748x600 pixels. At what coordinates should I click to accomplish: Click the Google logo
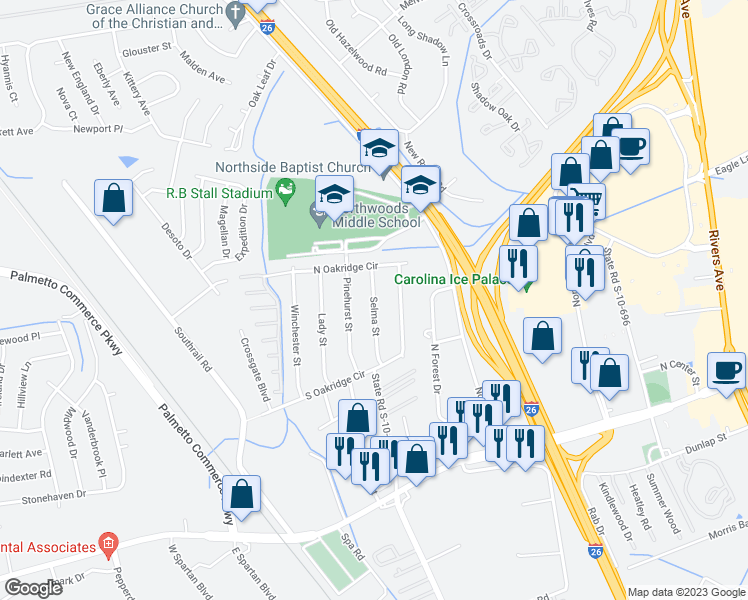(34, 588)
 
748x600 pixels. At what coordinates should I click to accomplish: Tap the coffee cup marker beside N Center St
(726, 372)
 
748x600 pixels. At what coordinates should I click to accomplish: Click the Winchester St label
(296, 334)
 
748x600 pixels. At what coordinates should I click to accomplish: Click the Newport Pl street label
(98, 128)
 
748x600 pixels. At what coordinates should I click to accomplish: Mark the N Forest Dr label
(435, 368)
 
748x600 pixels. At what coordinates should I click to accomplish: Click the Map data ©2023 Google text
(685, 592)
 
